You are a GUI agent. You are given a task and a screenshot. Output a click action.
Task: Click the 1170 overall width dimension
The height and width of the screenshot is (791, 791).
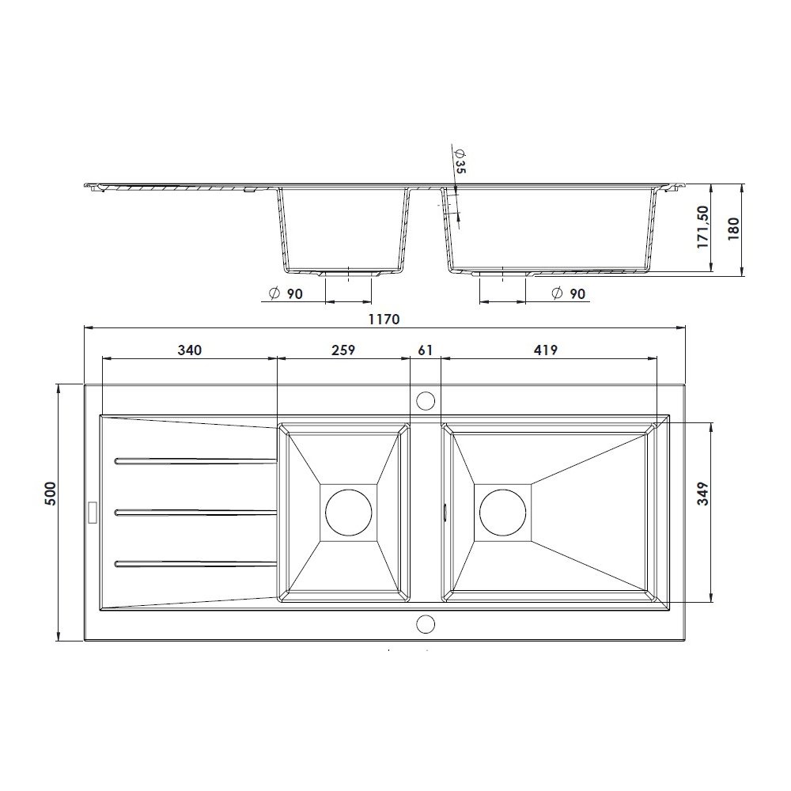(384, 320)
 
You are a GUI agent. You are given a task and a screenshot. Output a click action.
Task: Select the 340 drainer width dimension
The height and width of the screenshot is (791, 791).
(190, 350)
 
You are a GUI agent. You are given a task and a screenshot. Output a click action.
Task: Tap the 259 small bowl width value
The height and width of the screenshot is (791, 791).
(343, 350)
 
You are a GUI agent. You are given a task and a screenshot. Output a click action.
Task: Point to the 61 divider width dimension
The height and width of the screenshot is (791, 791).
(426, 350)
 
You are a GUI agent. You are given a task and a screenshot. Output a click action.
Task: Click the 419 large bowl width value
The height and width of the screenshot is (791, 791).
(545, 350)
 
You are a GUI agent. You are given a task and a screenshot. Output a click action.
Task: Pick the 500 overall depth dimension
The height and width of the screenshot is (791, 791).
(51, 493)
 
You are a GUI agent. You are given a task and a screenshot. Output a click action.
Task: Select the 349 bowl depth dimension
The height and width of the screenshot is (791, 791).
(702, 494)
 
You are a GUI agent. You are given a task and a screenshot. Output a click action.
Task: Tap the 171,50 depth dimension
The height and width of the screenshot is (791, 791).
(702, 226)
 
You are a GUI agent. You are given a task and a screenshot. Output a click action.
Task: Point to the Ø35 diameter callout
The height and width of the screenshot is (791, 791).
(460, 161)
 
